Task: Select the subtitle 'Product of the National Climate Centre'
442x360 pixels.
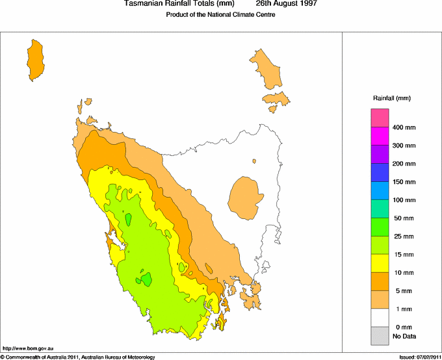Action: pos(221,15)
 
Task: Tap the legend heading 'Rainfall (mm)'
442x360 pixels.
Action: pos(391,98)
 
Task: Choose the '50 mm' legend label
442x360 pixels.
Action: pos(403,218)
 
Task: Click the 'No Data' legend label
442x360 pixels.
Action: pos(404,336)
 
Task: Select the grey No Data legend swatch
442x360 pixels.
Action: pos(380,336)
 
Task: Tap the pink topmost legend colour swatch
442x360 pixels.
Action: pos(380,118)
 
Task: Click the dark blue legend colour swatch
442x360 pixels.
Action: pos(380,172)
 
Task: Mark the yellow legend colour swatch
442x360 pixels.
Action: pos(380,263)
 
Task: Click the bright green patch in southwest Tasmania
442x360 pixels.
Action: pos(146,279)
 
